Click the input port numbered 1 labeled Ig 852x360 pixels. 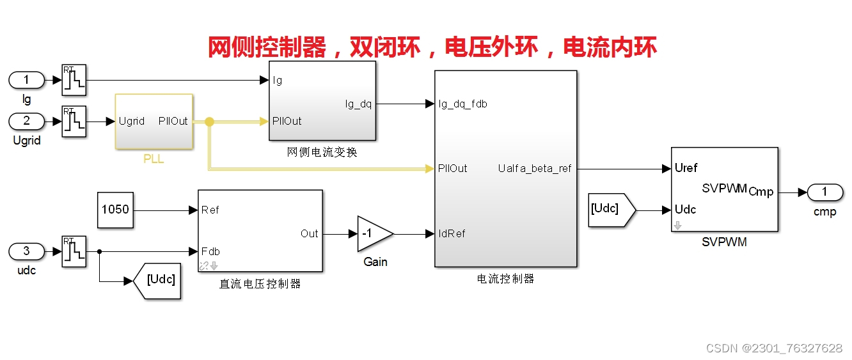click(26, 80)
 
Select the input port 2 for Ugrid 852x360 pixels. click(26, 121)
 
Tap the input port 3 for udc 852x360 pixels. click(26, 251)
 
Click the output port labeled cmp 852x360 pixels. click(824, 192)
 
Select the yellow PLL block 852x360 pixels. click(154, 121)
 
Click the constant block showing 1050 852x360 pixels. click(115, 210)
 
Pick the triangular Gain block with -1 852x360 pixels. click(372, 233)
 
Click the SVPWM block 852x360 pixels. click(724, 189)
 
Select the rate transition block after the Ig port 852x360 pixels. click(74, 80)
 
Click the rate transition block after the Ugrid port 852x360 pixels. click(74, 121)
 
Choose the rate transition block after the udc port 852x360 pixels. click(74, 251)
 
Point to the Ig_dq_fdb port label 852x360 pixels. click(463, 104)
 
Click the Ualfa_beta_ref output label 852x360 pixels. click(534, 169)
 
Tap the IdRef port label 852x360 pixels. click(452, 233)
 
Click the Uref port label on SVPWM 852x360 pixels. click(686, 168)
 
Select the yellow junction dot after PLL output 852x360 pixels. click(209, 121)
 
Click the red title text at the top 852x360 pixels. click(432, 47)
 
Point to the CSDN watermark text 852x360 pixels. click(774, 348)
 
